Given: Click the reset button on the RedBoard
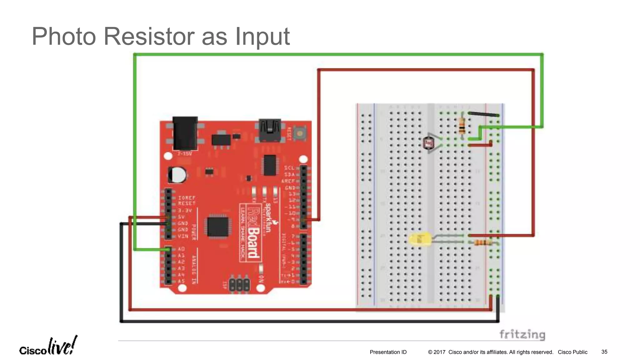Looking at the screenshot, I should click(x=300, y=133).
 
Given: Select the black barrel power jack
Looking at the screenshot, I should click(x=185, y=133).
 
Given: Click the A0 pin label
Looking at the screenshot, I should click(x=181, y=249).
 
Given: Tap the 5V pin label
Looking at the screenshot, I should click(x=181, y=217).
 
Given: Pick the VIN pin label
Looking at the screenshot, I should click(x=183, y=236).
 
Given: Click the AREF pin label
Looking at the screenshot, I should click(x=288, y=181).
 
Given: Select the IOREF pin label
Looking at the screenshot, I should click(x=187, y=198).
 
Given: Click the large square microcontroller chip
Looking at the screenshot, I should click(x=218, y=227).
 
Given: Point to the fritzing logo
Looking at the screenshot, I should click(x=522, y=334).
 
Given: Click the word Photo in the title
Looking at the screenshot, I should click(x=64, y=37).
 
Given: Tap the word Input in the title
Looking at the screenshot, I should click(x=262, y=37).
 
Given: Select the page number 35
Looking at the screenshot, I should click(x=604, y=352).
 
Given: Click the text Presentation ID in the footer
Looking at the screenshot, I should click(x=388, y=352).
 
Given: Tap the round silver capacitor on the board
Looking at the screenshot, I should click(x=177, y=175).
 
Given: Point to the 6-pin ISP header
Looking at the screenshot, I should click(x=239, y=284).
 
